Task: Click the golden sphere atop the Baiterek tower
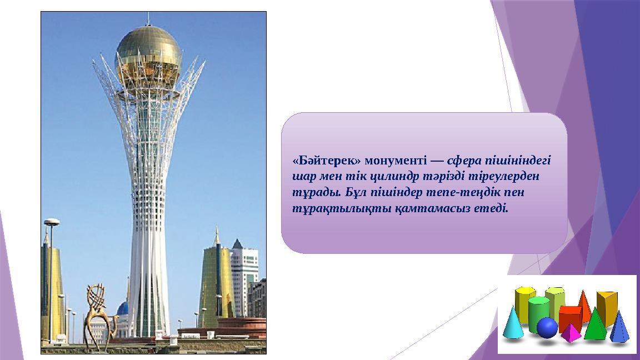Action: [148, 57]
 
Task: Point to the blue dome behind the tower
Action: [123, 308]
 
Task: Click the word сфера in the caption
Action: [464, 161]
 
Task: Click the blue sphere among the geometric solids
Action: [547, 328]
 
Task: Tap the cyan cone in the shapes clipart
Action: [513, 323]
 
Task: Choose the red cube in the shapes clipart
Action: [570, 318]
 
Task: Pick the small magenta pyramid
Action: [571, 333]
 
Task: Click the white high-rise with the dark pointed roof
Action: [244, 278]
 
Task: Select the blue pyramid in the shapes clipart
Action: [619, 327]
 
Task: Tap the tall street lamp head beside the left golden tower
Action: [52, 222]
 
